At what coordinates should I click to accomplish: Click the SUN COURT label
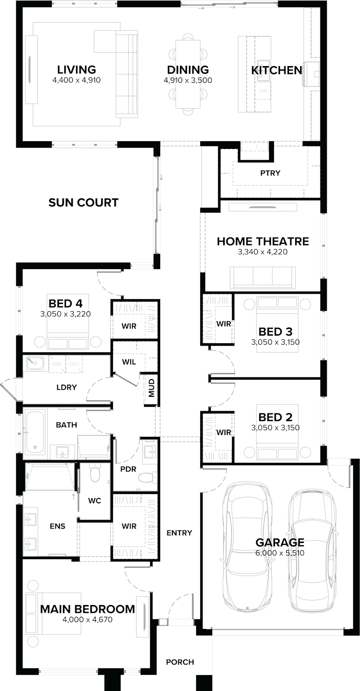coord(84,202)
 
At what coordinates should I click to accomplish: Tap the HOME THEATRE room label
coord(263,241)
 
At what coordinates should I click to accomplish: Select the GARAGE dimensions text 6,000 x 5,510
coord(280,553)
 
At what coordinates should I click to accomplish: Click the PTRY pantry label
coord(270,173)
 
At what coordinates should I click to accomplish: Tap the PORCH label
coord(180,662)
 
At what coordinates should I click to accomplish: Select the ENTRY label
coord(179,533)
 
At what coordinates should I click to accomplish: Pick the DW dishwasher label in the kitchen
coord(263,91)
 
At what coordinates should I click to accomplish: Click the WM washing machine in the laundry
coord(57,363)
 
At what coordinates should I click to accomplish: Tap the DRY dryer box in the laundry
coord(74,363)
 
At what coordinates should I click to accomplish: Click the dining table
coord(188,74)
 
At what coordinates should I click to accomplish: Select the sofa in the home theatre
coord(263,277)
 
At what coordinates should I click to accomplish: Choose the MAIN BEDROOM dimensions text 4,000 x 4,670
coord(87,619)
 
